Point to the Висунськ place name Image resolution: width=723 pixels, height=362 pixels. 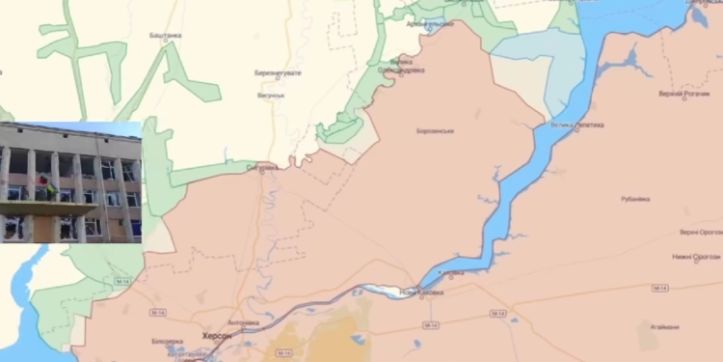271,96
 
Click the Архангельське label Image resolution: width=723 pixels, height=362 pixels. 429,22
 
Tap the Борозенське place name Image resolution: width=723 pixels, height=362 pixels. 436,131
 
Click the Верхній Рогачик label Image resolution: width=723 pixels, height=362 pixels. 684,94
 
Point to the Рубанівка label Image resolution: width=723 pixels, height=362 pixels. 635,199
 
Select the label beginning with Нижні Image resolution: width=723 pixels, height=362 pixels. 698,257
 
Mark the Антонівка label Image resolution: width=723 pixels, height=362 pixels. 243,322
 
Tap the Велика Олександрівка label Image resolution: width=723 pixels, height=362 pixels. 401,68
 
